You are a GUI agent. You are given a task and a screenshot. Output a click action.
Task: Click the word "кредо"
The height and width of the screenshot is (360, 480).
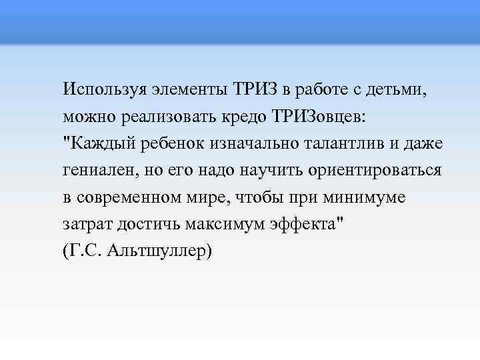pos(245,116)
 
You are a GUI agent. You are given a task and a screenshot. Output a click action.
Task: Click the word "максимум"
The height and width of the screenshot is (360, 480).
pos(217,225)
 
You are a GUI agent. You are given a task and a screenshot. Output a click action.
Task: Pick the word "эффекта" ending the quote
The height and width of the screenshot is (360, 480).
pos(307,225)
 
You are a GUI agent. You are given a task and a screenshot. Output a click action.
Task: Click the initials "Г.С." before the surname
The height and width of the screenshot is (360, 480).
pos(86,252)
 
